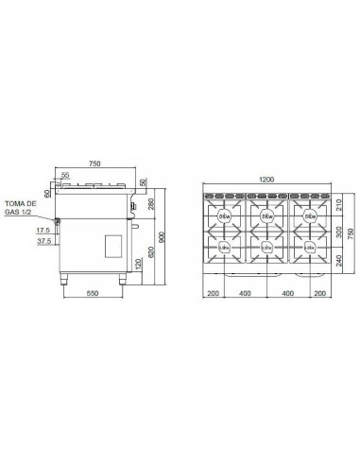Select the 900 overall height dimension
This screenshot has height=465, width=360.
pos(163,236)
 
